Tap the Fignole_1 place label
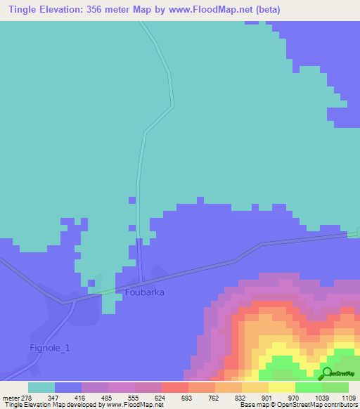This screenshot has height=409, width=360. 50,347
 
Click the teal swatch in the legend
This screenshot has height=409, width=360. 41,387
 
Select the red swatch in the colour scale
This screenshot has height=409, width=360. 174,387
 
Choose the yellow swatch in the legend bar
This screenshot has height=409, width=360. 281,387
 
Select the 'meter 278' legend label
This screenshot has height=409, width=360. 17,398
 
